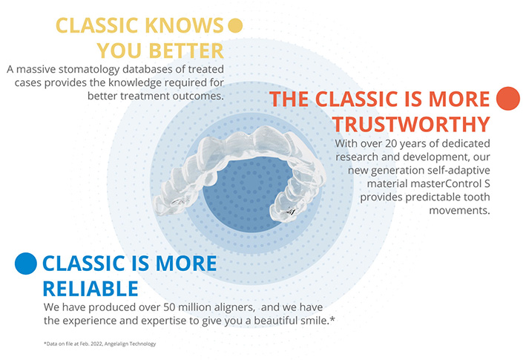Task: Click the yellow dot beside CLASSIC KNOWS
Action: click(x=235, y=25)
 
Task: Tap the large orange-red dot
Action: click(x=508, y=99)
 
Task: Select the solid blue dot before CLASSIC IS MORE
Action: click(x=26, y=264)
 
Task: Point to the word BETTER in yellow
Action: click(x=186, y=51)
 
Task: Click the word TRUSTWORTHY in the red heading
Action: click(x=411, y=124)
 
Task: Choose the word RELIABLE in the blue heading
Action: click(x=91, y=289)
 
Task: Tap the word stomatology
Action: click(x=89, y=70)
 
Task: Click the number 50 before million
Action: click(x=169, y=307)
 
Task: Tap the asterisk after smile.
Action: click(x=332, y=319)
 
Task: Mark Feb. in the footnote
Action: click(x=84, y=344)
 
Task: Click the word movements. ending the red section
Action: click(x=459, y=211)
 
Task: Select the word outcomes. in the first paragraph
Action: click(x=198, y=96)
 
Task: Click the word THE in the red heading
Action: click(x=289, y=99)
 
